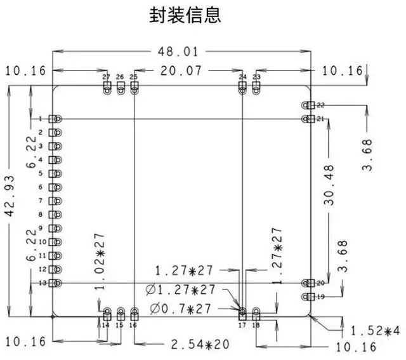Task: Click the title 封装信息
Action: coord(185,15)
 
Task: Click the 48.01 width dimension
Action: coord(178,51)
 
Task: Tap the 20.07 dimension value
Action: coord(181,70)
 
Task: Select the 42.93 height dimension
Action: coord(10,196)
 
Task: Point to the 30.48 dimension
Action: coord(329,185)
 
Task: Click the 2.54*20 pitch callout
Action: coord(200,345)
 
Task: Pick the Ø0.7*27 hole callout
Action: coord(180,309)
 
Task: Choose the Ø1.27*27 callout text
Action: coord(180,290)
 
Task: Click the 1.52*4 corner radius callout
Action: coord(375,331)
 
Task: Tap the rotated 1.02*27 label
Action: coord(100,261)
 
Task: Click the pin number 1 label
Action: coord(41,119)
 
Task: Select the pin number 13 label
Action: coord(43,283)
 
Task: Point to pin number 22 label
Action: coord(320,105)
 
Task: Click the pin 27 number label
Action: coord(106,77)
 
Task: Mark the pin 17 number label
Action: coord(242,325)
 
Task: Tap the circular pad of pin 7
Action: coord(58,201)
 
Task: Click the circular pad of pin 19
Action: coord(305,297)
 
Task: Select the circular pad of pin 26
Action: coord(121,91)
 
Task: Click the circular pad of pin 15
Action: coord(121,310)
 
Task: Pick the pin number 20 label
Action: coord(320,283)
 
